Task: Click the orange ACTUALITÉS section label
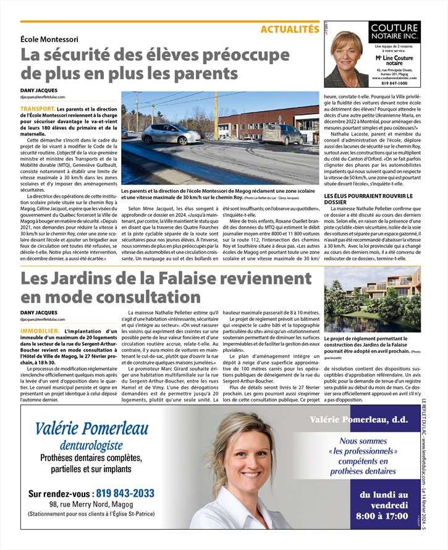click(x=290, y=29)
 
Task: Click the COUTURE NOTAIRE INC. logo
click(x=395, y=32)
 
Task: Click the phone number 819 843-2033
click(x=124, y=493)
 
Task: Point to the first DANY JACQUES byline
click(x=38, y=90)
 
